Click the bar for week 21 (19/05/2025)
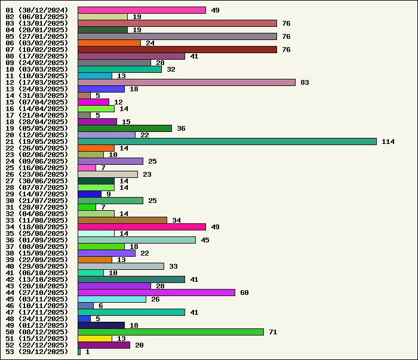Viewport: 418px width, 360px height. pos(227,141)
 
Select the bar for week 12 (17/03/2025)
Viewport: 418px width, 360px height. pos(186,82)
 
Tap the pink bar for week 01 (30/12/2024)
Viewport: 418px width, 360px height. pos(142,10)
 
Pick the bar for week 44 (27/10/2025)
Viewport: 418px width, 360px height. pos(156,293)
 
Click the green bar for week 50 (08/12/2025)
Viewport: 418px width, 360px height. pos(171,332)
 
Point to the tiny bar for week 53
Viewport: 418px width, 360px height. pos(79,352)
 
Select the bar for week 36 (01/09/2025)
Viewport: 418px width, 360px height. pos(137,240)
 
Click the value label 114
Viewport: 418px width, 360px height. pos(388,141)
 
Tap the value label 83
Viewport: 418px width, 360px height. pos(305,82)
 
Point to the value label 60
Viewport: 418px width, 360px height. pos(244,293)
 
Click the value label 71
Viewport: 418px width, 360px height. pos(273,332)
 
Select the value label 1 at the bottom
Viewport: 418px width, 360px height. pos(87,352)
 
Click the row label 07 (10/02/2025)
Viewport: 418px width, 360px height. pos(36,50)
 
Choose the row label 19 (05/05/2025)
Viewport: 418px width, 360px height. pos(36,128)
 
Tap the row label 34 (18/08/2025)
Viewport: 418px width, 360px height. pos(36,227)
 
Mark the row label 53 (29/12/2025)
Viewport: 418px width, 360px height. pos(36,352)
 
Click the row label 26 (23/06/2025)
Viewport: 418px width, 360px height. pos(36,174)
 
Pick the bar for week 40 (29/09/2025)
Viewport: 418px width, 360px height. pos(121,266)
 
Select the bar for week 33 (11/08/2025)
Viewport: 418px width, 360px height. pos(122,220)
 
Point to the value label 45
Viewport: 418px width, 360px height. pos(205,240)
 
